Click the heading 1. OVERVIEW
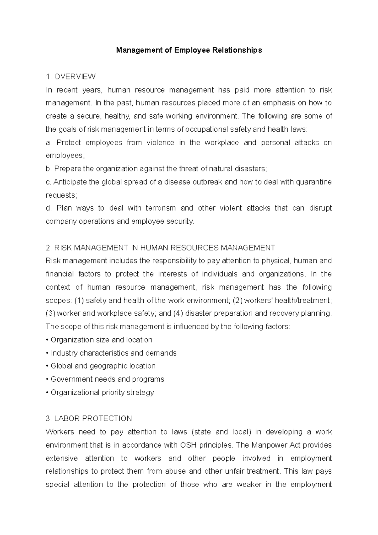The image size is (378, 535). point(71,77)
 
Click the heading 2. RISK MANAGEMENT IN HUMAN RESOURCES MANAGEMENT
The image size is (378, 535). point(160,248)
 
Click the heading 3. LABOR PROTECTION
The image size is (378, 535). point(89,418)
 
